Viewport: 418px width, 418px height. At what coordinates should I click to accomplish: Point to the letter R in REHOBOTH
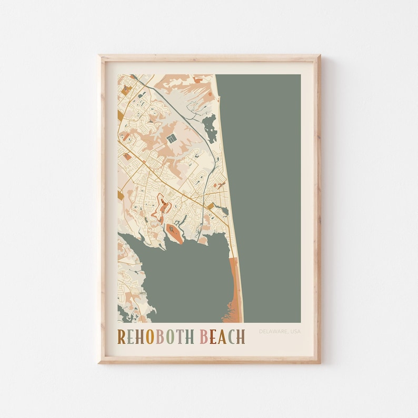[x=121, y=336]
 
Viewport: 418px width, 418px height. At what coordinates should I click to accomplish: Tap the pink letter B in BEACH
[x=204, y=336]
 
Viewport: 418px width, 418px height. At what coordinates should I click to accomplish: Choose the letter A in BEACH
[x=222, y=336]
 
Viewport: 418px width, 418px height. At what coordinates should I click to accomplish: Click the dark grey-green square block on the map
[x=171, y=138]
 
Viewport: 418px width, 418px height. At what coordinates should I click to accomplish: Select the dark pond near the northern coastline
[x=210, y=128]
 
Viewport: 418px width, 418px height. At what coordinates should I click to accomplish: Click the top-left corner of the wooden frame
[x=101, y=56]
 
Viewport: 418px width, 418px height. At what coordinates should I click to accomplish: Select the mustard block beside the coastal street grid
[x=211, y=206]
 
